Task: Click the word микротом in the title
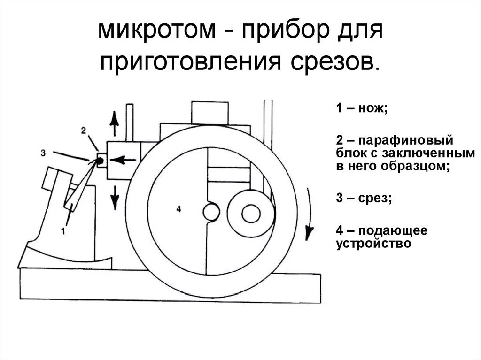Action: [147, 31]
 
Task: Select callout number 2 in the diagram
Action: [83, 130]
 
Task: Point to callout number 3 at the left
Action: [43, 152]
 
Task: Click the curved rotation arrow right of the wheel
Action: [308, 214]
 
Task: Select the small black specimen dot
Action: [100, 161]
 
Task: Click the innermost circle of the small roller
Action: [251, 214]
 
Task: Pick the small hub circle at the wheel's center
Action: [211, 211]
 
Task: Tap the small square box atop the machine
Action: [209, 112]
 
